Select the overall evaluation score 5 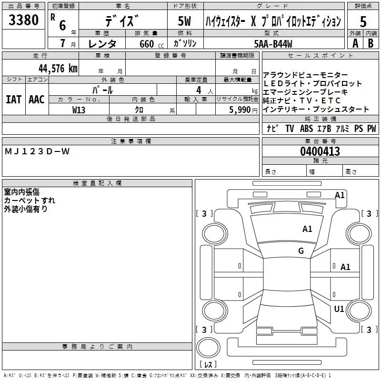(x=363, y=21)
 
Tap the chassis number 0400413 (x=320, y=151)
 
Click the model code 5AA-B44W (x=273, y=43)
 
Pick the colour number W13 (x=79, y=110)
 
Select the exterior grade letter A (x=355, y=43)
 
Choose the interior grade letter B (x=371, y=43)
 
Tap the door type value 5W (x=184, y=21)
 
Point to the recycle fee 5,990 (x=240, y=110)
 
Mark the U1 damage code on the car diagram (x=339, y=309)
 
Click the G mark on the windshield (x=301, y=251)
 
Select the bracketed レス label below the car (x=208, y=365)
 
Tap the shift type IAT (x=13, y=99)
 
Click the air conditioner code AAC (x=37, y=99)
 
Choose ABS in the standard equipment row (x=306, y=129)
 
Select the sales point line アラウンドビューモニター (x=305, y=75)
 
